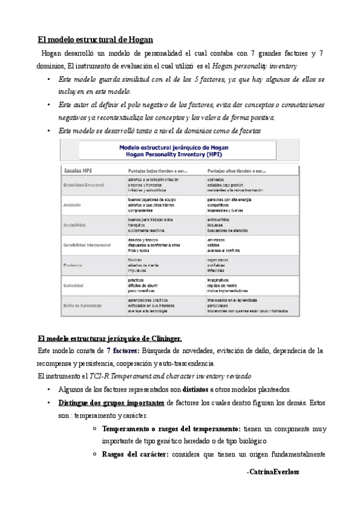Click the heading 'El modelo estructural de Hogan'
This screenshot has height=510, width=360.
pos(96,40)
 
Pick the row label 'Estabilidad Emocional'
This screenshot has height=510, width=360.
pos(84,185)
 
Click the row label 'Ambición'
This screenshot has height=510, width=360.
pos(73,204)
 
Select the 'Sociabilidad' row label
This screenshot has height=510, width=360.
pos(76,225)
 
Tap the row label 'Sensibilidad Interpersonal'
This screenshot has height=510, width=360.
pos(90,245)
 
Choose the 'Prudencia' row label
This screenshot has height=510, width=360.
pos(75,265)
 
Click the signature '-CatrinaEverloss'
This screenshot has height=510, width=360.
pos(272,473)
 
